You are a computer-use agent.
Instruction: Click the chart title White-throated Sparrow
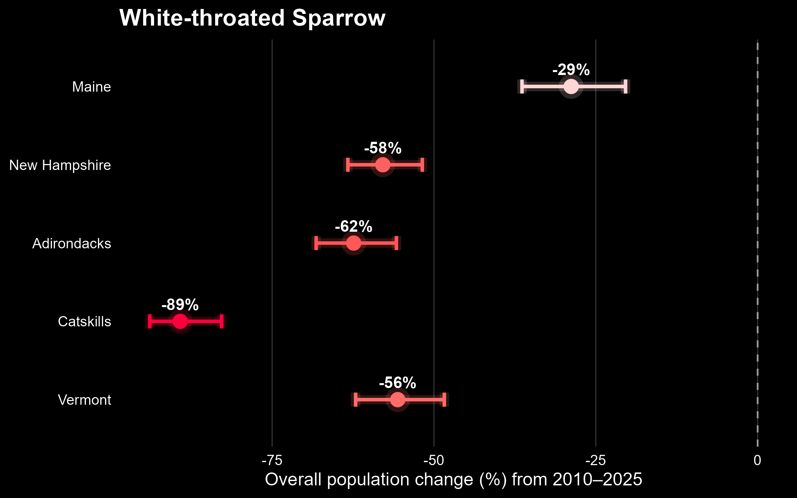pos(252,18)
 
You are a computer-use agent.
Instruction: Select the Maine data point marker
pos(571,87)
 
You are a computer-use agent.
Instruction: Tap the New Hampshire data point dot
pos(383,165)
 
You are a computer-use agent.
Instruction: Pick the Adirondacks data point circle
pos(353,243)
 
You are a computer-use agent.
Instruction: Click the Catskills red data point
pos(180,321)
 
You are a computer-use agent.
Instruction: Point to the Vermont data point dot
pos(398,400)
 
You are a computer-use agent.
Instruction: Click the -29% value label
pos(571,70)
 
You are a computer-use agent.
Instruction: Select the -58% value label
pos(383,148)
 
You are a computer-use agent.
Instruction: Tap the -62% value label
pos(354,226)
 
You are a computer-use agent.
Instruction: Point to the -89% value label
pos(180,305)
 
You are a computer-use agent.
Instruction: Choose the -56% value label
pos(398,383)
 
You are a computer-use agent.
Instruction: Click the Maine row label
pos(91,87)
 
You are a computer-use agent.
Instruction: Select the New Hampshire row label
pos(60,165)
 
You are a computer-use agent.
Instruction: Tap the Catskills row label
pos(84,322)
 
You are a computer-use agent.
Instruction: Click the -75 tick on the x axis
pos(272,460)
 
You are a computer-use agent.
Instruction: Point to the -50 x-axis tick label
pos(434,460)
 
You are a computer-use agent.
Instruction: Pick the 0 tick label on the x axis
pos(757,460)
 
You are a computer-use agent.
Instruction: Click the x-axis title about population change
pos(454,480)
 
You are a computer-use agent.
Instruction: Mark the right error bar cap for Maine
pos(626,87)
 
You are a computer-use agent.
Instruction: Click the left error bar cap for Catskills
pos(150,321)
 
